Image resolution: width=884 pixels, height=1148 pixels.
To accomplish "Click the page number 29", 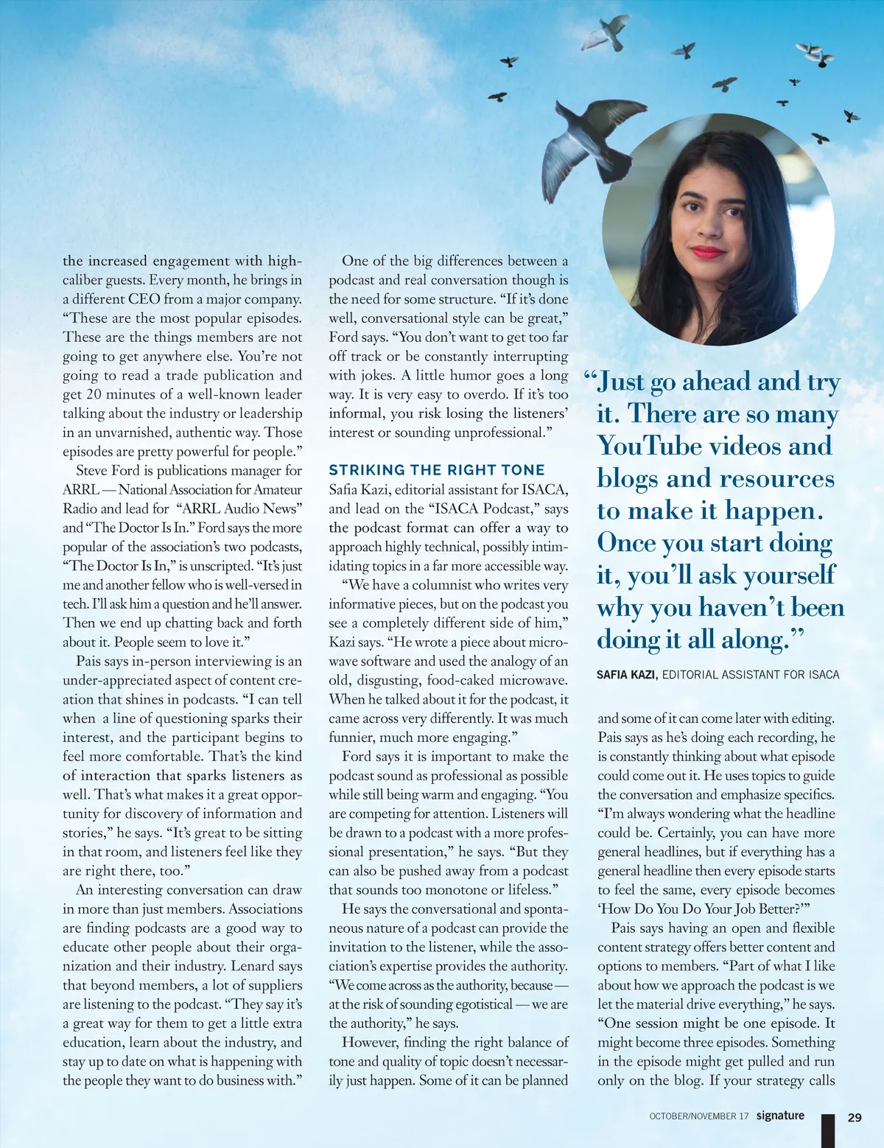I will click(x=855, y=1117).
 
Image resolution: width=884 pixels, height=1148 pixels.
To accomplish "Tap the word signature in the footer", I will click(x=780, y=1116).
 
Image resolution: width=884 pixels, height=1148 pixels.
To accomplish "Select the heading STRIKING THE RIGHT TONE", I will click(x=437, y=470).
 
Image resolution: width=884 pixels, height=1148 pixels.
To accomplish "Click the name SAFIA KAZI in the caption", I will click(x=626, y=674).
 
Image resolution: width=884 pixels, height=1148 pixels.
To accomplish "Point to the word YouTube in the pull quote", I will click(x=639, y=447).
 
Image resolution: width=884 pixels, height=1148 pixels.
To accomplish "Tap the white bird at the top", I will click(x=608, y=33).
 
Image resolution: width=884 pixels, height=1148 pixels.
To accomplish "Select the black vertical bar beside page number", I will click(x=829, y=1130).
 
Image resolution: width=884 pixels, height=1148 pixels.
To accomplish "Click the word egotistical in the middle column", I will click(x=477, y=1004).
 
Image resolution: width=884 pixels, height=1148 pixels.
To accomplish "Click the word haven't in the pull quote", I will click(x=745, y=608).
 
